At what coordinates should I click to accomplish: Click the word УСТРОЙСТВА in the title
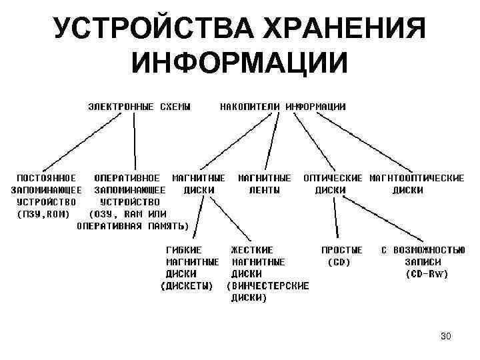coord(145,29)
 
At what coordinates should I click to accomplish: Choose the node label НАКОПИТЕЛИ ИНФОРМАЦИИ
coord(283,106)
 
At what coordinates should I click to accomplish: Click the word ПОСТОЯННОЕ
coord(46,178)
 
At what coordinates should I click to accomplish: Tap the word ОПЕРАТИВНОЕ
coord(127,178)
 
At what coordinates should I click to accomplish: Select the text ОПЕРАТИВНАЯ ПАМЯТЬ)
coord(133,226)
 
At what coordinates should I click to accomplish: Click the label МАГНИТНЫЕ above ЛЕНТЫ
coord(265,178)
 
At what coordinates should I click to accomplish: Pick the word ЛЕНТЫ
coord(265,190)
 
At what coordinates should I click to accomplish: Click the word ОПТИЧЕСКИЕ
coord(333,178)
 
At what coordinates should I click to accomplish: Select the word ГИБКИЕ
coord(182,250)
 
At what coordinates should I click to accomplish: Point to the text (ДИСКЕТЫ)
coord(187,286)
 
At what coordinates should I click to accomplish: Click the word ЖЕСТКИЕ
coord(251,250)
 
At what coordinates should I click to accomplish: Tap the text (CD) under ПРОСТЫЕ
coord(339,262)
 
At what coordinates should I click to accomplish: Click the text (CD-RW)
coord(427,274)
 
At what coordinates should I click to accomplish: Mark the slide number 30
coord(445,336)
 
